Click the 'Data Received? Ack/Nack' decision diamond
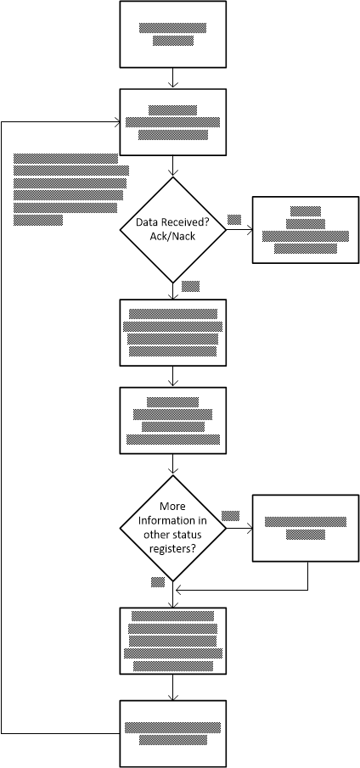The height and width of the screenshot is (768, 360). pyautogui.click(x=173, y=229)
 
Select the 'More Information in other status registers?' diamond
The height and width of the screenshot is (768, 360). pyautogui.click(x=173, y=528)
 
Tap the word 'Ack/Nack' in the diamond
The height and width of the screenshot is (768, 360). pyautogui.click(x=173, y=236)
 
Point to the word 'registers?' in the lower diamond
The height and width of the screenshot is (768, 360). pyautogui.click(x=173, y=549)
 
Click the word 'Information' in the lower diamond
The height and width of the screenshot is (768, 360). pyautogui.click(x=173, y=521)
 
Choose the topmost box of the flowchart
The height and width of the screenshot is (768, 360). pyautogui.click(x=173, y=35)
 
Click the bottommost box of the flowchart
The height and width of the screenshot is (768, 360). pyautogui.click(x=173, y=733)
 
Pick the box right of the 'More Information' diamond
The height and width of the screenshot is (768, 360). pyautogui.click(x=307, y=530)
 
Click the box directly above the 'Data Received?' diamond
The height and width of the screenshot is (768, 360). pyautogui.click(x=173, y=122)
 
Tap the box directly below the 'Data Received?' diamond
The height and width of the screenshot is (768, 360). pyautogui.click(x=173, y=332)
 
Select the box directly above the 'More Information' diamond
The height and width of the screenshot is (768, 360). pyautogui.click(x=173, y=421)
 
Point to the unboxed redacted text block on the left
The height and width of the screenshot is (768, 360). pyautogui.click(x=70, y=188)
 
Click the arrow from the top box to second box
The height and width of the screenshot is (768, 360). pyautogui.click(x=173, y=78)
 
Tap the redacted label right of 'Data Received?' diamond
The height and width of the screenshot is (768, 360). pyautogui.click(x=234, y=220)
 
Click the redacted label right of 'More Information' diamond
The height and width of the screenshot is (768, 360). pyautogui.click(x=230, y=516)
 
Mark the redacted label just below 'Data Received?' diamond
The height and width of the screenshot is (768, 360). pyautogui.click(x=190, y=286)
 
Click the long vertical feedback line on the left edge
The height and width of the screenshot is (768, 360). pyautogui.click(x=3, y=424)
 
